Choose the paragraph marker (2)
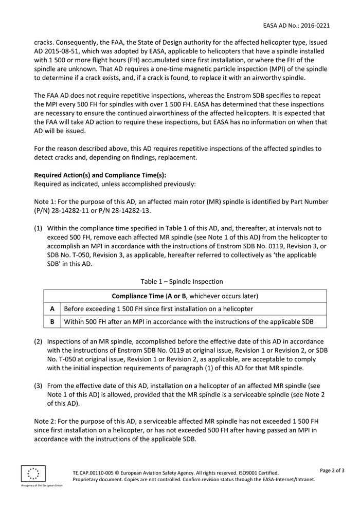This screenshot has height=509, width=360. (x=39, y=341)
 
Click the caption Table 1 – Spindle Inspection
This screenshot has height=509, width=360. (x=182, y=281)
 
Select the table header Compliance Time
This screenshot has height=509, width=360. (x=137, y=296)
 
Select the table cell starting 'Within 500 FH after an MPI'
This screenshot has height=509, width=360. (x=188, y=322)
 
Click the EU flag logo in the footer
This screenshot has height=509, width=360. (x=33, y=474)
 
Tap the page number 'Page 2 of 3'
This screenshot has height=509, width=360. (x=332, y=470)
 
